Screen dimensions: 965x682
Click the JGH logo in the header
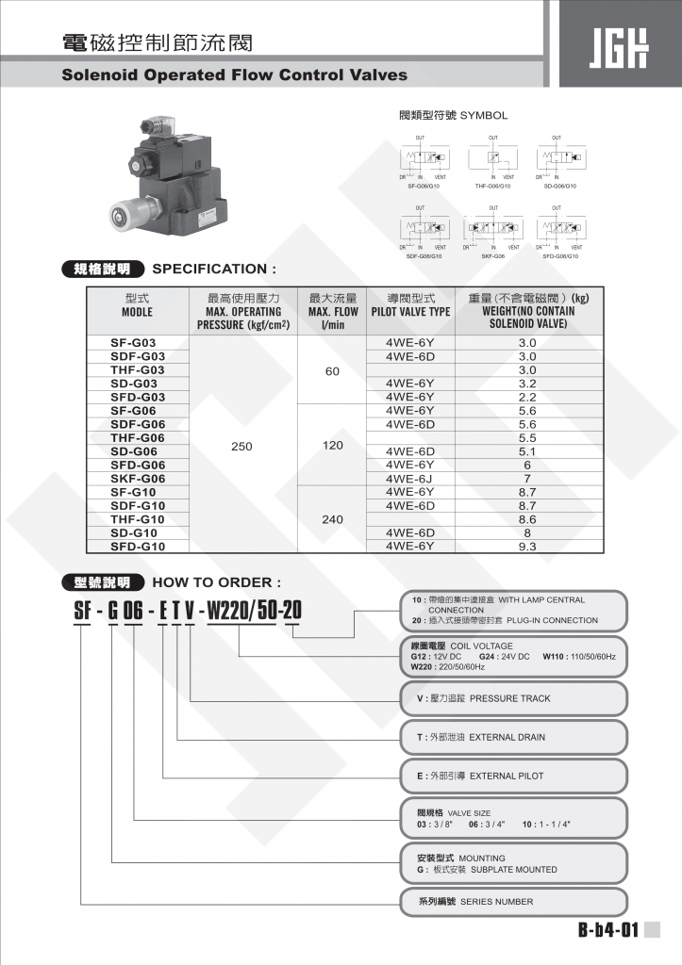click(x=618, y=48)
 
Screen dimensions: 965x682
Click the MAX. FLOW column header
click(x=332, y=311)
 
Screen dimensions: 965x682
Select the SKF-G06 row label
click(x=138, y=478)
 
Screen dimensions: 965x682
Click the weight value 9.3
click(x=527, y=546)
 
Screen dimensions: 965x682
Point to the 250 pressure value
click(x=241, y=446)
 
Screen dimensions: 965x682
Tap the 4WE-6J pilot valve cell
click(x=409, y=478)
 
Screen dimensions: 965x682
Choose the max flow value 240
click(x=332, y=518)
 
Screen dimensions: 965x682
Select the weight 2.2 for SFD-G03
click(x=527, y=397)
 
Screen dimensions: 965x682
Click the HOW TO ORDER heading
click(x=216, y=582)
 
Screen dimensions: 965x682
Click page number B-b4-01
click(x=608, y=931)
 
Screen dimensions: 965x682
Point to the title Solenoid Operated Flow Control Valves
click(x=235, y=74)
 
